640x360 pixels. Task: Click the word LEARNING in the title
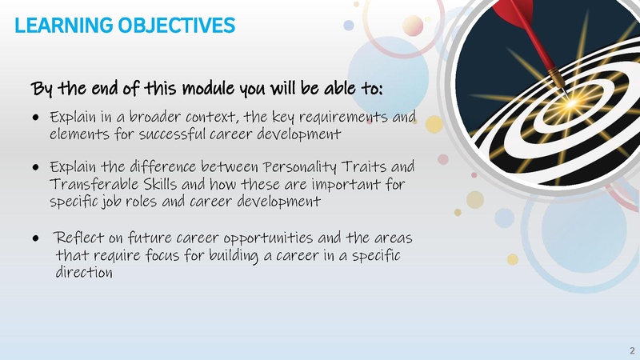pyautogui.click(x=53, y=26)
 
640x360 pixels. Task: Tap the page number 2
pyautogui.click(x=630, y=350)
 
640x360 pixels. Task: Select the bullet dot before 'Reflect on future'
pyautogui.click(x=37, y=239)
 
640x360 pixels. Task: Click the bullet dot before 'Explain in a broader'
pyautogui.click(x=37, y=118)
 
